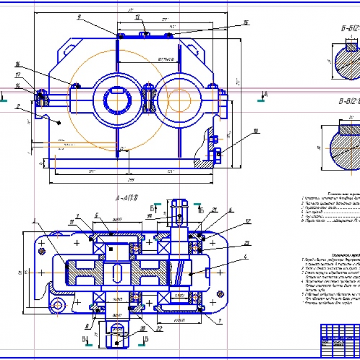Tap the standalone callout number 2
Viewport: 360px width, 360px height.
pos(19,105)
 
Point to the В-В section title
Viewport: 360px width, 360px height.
pos(346,102)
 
